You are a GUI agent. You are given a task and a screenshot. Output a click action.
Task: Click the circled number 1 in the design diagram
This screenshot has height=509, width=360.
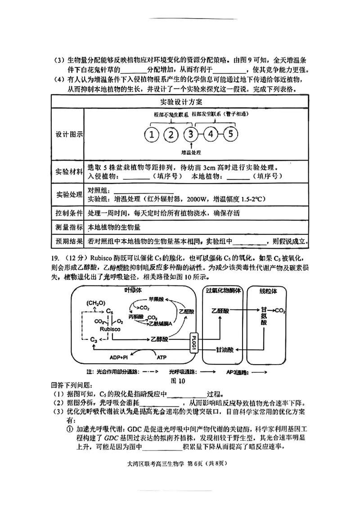point(153,134)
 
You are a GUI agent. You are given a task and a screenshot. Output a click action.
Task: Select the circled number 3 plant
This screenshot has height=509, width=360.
point(191,134)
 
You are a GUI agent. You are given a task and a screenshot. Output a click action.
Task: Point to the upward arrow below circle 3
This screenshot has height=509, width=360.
point(191,146)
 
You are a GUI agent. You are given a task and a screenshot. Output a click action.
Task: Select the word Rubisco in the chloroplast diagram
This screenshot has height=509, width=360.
point(110,329)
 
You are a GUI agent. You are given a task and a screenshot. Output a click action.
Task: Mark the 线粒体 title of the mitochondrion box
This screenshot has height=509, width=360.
point(268,291)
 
